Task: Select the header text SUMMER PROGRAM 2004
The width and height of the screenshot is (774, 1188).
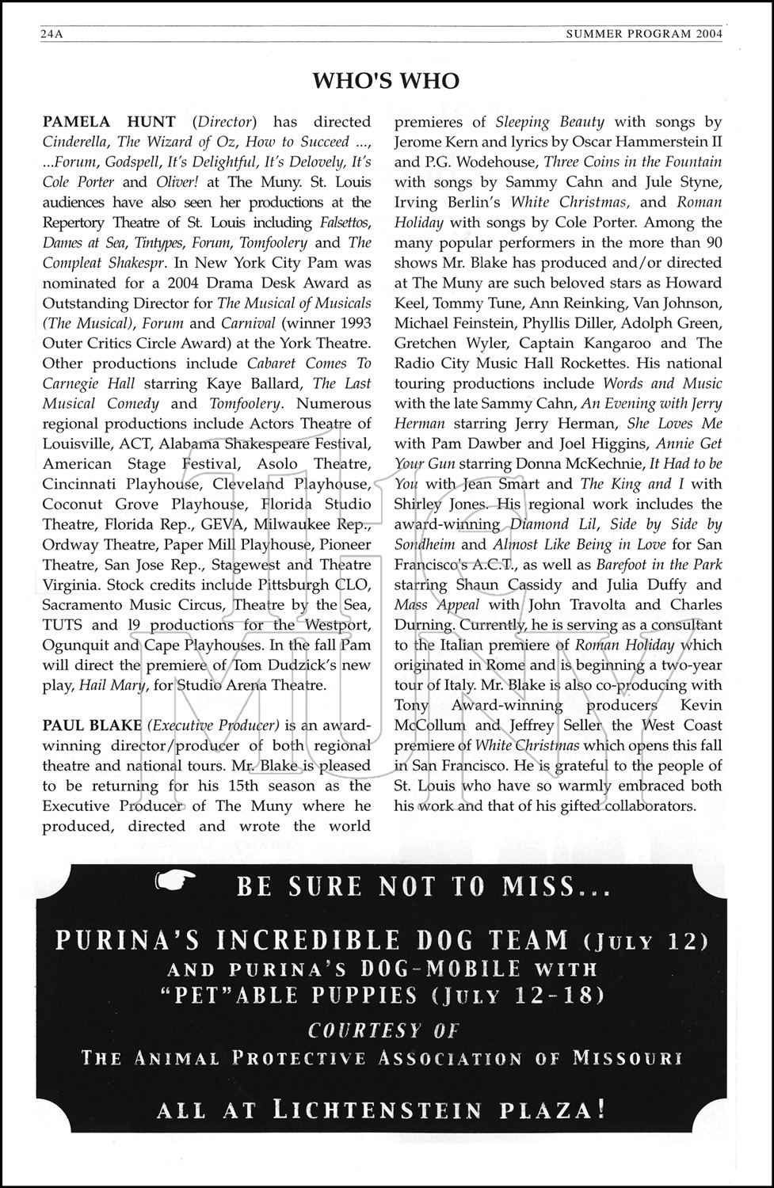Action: [644, 35]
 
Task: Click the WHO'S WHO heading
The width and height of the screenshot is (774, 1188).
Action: [386, 81]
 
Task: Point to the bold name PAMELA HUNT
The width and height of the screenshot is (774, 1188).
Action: [109, 122]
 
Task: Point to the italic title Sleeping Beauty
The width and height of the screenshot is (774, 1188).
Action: [550, 122]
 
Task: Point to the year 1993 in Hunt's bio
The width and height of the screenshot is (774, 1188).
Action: [354, 323]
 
